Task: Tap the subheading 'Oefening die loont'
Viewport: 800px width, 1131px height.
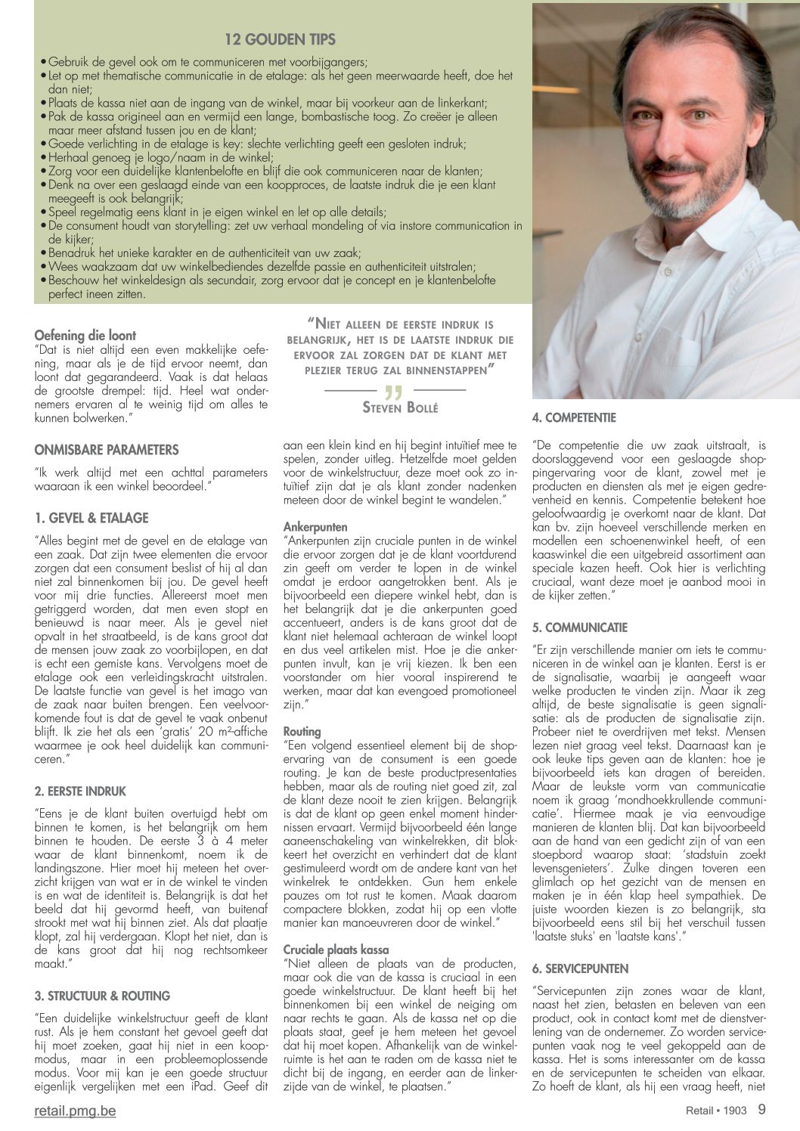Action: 85,335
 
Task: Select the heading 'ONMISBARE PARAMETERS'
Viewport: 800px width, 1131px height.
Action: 107,450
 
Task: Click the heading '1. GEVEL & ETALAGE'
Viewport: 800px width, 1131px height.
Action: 91,518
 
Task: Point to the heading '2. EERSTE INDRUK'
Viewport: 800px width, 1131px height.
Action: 80,791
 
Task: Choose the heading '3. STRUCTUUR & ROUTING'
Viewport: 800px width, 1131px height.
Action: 102,996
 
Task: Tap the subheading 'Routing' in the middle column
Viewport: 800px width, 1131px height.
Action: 302,731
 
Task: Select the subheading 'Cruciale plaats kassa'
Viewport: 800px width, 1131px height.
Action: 337,950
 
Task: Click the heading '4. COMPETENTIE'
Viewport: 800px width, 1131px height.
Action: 574,417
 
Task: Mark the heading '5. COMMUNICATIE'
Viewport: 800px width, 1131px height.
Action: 580,627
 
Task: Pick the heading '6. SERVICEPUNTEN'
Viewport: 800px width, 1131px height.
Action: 580,968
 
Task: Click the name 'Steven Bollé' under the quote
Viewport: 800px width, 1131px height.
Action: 400,408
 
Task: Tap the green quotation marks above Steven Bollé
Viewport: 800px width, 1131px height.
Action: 394,391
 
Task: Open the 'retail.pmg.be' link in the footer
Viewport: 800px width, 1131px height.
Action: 76,1111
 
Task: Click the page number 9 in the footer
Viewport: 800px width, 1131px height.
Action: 761,1110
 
